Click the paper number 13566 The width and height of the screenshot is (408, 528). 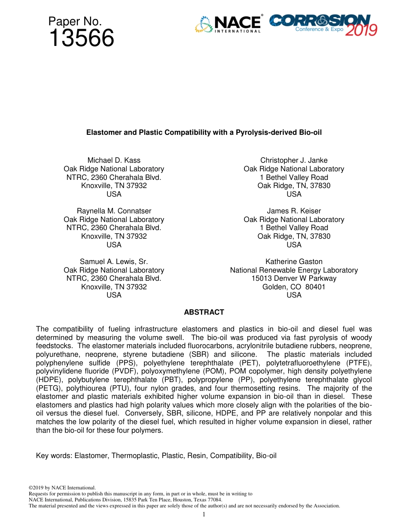pyautogui.click(x=81, y=39)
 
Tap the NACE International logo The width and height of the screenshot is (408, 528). pyautogui.click(x=228, y=24)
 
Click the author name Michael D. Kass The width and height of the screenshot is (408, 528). pyautogui.click(x=114, y=161)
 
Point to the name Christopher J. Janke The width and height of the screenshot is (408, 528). pyautogui.click(x=294, y=161)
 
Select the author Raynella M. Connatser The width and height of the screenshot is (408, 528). pyautogui.click(x=114, y=211)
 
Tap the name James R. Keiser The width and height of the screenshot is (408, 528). pyautogui.click(x=294, y=211)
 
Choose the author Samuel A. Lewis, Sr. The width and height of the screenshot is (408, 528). pyautogui.click(x=114, y=261)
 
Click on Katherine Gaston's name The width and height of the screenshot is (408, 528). pyautogui.click(x=294, y=261)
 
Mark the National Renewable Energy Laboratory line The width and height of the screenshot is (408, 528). pyautogui.click(x=294, y=270)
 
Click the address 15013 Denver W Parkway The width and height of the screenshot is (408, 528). pyautogui.click(x=294, y=278)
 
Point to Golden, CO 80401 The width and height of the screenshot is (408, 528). pyautogui.click(x=294, y=287)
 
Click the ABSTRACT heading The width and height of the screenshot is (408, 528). pyautogui.click(x=204, y=313)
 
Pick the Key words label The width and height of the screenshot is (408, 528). pyautogui.click(x=54, y=455)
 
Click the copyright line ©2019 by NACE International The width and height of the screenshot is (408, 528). pyautogui.click(x=62, y=488)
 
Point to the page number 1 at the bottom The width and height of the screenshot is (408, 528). pyautogui.click(x=204, y=514)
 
